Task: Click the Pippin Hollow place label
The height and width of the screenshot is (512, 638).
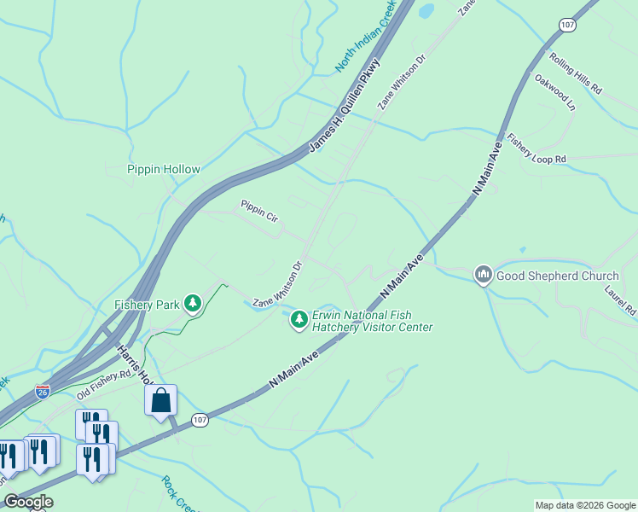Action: tap(164, 169)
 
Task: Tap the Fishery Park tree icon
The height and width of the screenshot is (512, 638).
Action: tap(194, 303)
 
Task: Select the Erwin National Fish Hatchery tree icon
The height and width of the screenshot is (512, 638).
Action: tap(299, 319)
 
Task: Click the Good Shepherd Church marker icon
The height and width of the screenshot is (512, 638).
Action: tap(483, 275)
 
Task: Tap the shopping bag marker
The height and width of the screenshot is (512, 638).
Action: tap(161, 400)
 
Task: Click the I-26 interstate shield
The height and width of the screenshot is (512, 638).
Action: tap(43, 390)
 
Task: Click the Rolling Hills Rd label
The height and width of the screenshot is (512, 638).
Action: tap(576, 74)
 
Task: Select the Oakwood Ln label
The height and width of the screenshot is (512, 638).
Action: tap(555, 92)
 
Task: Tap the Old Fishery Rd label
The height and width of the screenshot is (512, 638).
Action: tap(103, 385)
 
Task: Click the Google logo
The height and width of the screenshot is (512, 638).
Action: tap(28, 502)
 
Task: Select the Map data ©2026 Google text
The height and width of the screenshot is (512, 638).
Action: tap(584, 505)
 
